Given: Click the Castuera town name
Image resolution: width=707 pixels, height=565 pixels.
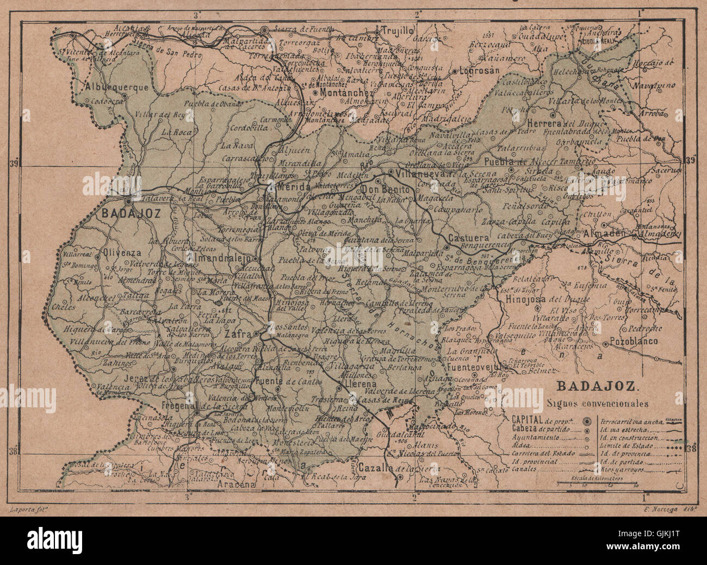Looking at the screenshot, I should pyautogui.click(x=466, y=238).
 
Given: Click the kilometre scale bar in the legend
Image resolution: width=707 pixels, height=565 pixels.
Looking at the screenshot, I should pyautogui.click(x=598, y=483).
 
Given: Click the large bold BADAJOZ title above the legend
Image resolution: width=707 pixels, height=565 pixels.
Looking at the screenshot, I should pyautogui.click(x=592, y=388).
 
